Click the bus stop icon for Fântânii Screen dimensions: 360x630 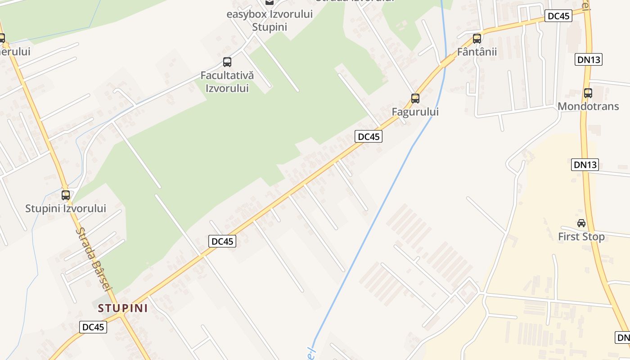point(477,38)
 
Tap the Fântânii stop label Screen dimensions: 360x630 point(477,52)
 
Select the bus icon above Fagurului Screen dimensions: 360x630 point(415,98)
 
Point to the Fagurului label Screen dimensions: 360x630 point(415,112)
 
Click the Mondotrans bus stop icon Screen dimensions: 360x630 point(588,93)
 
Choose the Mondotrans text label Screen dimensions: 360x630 point(588,106)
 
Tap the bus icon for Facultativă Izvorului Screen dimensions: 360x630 point(227,62)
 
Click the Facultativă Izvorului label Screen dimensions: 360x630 point(227,81)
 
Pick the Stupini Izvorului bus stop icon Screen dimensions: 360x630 point(66,195)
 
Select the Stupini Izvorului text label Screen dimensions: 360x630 point(66,208)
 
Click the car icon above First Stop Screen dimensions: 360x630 point(581,223)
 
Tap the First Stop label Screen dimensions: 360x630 point(581,237)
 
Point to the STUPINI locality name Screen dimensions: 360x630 point(123,308)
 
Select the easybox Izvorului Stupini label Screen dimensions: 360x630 point(270,20)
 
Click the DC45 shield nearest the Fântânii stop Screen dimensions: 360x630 point(558,16)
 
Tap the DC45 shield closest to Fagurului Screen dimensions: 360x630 point(369,137)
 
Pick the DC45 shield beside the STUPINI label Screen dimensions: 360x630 point(94,327)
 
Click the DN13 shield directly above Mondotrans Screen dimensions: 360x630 point(589,59)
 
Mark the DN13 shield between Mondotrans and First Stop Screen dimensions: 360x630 point(585,165)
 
